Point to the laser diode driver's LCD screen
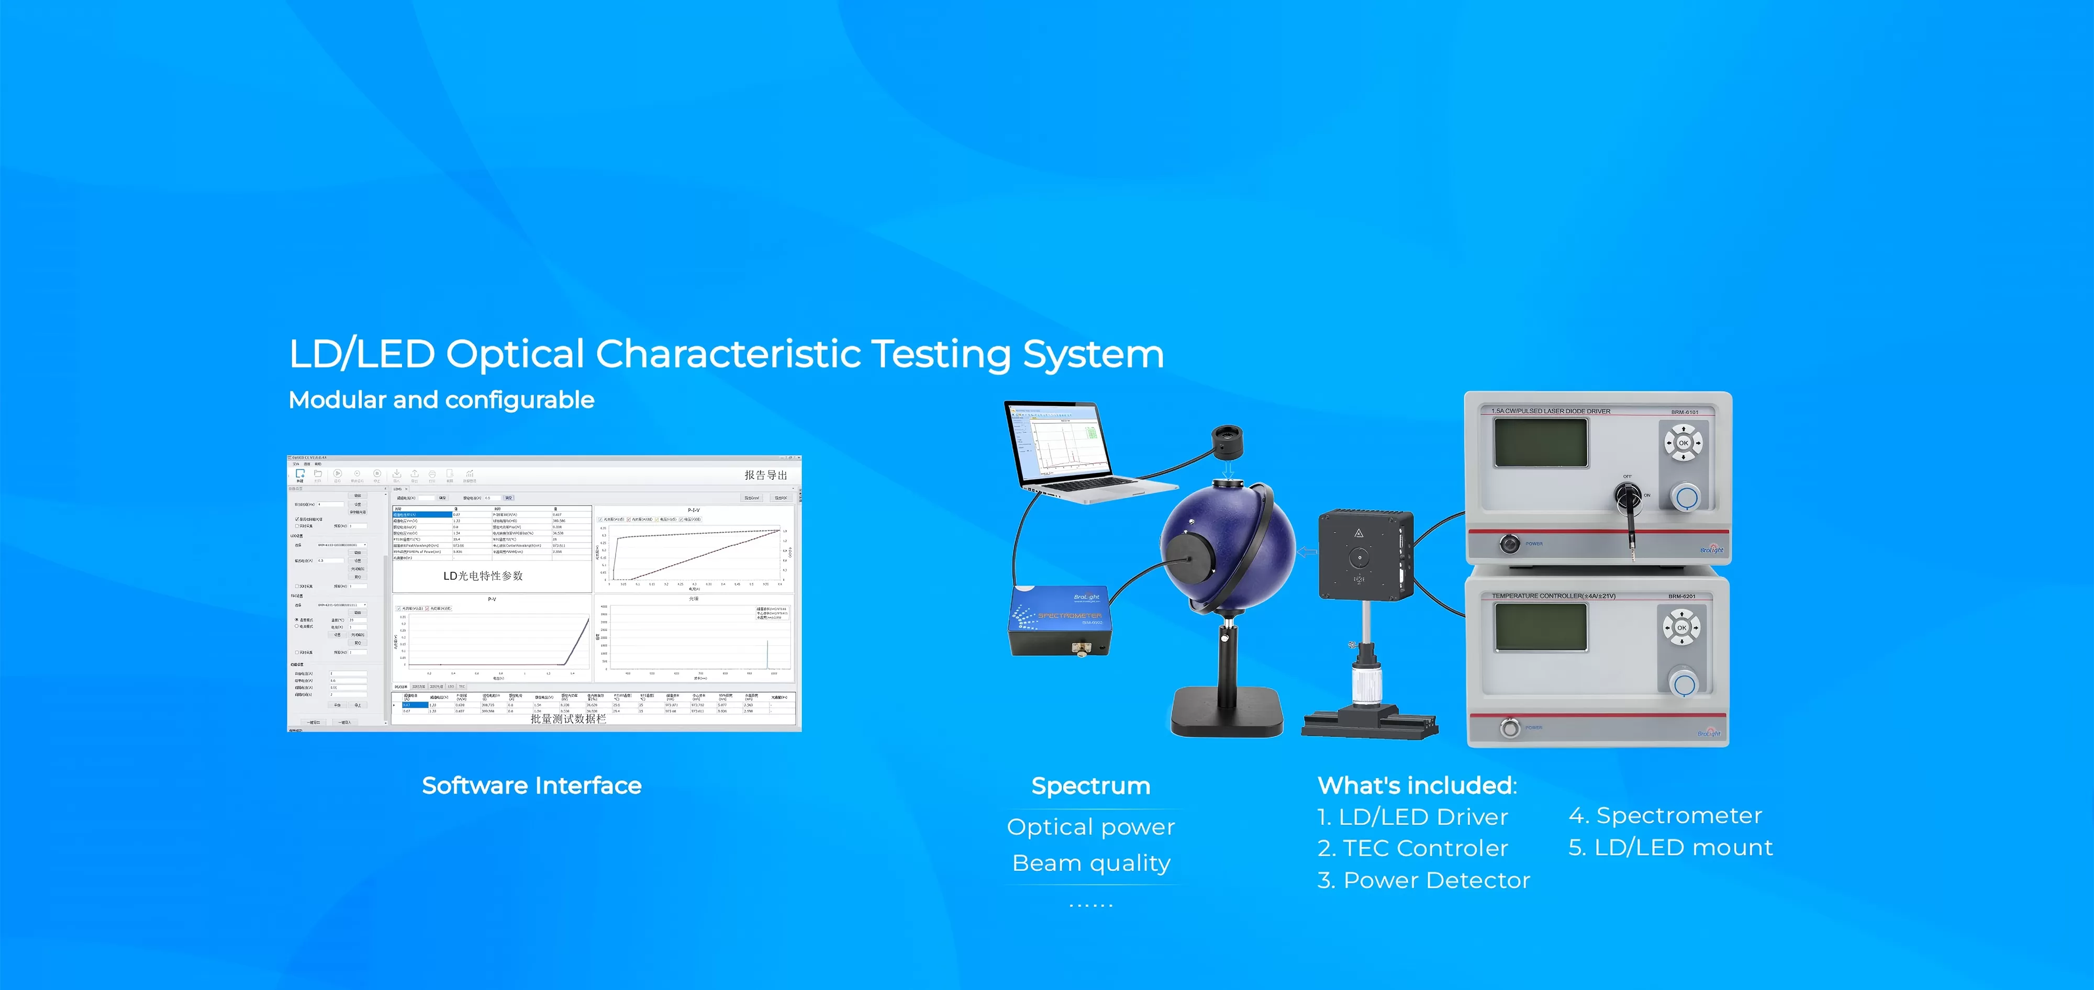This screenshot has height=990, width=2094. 1541,442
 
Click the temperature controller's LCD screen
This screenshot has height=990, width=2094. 1541,627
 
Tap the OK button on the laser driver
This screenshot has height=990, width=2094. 1684,443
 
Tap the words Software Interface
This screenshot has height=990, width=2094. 532,785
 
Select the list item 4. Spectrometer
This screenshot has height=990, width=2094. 1665,815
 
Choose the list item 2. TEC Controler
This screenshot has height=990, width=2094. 1413,848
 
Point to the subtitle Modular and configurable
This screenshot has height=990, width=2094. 441,400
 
